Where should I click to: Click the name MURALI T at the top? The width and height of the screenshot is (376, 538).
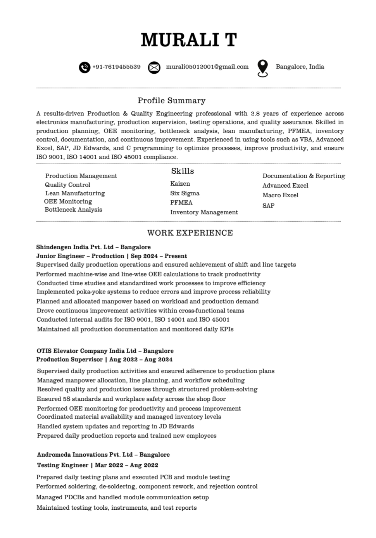coord(188,40)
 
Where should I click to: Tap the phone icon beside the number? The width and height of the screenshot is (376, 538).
coord(85,67)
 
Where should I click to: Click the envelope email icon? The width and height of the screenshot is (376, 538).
coord(154,67)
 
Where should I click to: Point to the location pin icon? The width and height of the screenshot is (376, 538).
coord(263,68)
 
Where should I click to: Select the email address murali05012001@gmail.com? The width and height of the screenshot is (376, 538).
coord(207,67)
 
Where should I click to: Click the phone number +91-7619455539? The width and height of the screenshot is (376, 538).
coord(116,67)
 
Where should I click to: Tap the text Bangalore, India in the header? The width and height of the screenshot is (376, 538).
coord(300,67)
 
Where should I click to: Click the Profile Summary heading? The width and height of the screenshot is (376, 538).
coord(171,100)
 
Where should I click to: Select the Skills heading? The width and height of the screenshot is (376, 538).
coord(183,171)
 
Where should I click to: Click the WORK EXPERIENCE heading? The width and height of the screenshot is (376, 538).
coord(190,233)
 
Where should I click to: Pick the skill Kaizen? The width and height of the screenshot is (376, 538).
coord(180,184)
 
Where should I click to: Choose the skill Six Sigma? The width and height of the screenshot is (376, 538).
coord(185,193)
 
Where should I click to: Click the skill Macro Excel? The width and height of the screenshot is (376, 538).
coord(280,195)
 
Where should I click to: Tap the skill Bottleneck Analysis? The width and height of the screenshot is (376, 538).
coord(73,210)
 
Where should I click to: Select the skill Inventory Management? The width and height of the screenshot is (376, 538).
coord(204,212)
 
